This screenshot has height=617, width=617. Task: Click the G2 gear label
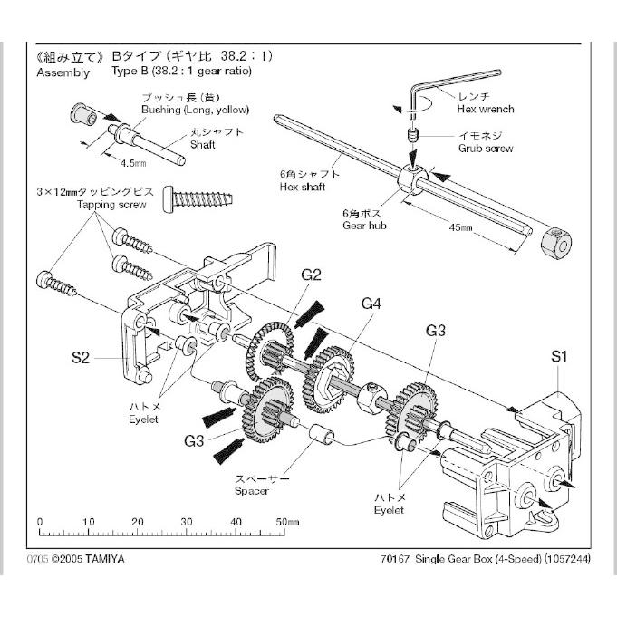(312, 274)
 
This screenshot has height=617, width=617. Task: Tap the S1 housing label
(560, 357)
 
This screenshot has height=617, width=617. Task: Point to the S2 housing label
(81, 359)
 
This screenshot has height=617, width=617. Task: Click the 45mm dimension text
(460, 229)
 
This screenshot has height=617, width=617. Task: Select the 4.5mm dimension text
(133, 163)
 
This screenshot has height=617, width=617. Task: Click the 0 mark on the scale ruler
(40, 523)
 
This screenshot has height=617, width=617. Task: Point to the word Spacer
(251, 491)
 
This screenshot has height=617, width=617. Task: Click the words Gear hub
(364, 225)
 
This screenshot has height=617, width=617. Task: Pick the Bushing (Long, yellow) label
(194, 110)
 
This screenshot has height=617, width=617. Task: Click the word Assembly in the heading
(63, 72)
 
